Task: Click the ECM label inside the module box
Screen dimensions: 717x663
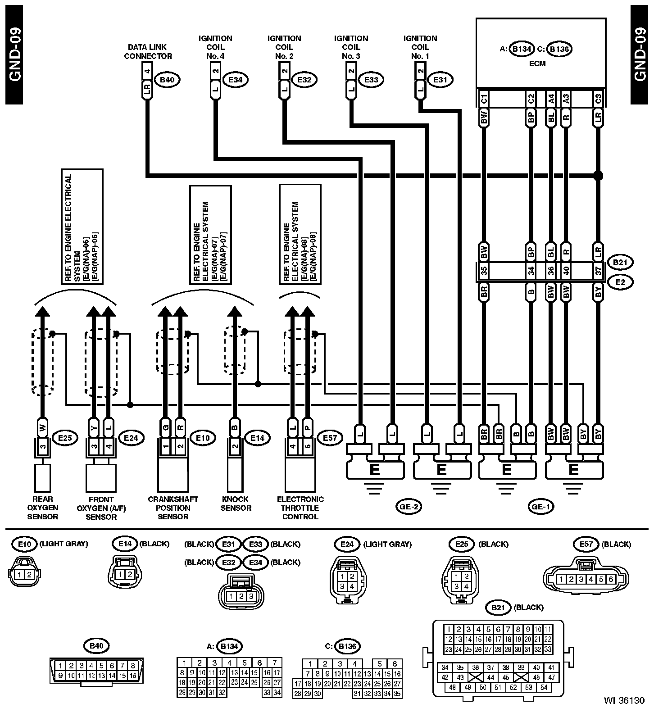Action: pos(537,64)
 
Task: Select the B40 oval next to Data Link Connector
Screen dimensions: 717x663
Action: pos(167,80)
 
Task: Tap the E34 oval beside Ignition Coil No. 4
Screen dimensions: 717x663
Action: pos(236,80)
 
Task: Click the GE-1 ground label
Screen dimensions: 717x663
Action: pos(540,507)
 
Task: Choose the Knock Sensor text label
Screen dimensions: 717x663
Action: pos(236,504)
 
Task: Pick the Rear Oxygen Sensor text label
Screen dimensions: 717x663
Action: pos(43,508)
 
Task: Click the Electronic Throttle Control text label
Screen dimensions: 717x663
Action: pos(300,508)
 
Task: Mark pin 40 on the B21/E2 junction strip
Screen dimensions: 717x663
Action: pos(566,272)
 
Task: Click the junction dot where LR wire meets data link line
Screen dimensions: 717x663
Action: pos(598,175)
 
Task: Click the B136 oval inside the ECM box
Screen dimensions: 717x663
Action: pos(559,49)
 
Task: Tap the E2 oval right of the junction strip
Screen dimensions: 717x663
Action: pos(620,282)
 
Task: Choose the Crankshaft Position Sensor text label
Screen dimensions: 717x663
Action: pos(173,508)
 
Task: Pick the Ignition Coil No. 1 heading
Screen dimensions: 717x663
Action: pos(420,47)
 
